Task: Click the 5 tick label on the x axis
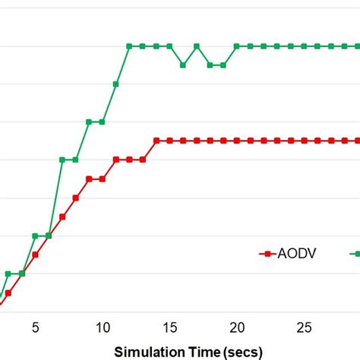tap(35, 327)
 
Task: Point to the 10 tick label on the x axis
tap(102, 327)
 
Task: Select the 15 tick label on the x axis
tap(169, 327)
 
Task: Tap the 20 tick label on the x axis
tap(237, 327)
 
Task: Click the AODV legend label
tap(297, 253)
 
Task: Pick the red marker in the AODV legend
tap(267, 253)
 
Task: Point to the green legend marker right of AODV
tap(355, 253)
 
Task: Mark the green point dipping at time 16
tap(183, 65)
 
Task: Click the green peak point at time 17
tap(196, 46)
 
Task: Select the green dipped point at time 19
tap(223, 65)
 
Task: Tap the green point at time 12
tap(129, 46)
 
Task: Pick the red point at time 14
tap(156, 141)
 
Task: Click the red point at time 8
tap(75, 197)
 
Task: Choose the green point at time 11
tap(115, 84)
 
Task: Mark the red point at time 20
tap(237, 141)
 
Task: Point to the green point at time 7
tap(62, 159)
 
